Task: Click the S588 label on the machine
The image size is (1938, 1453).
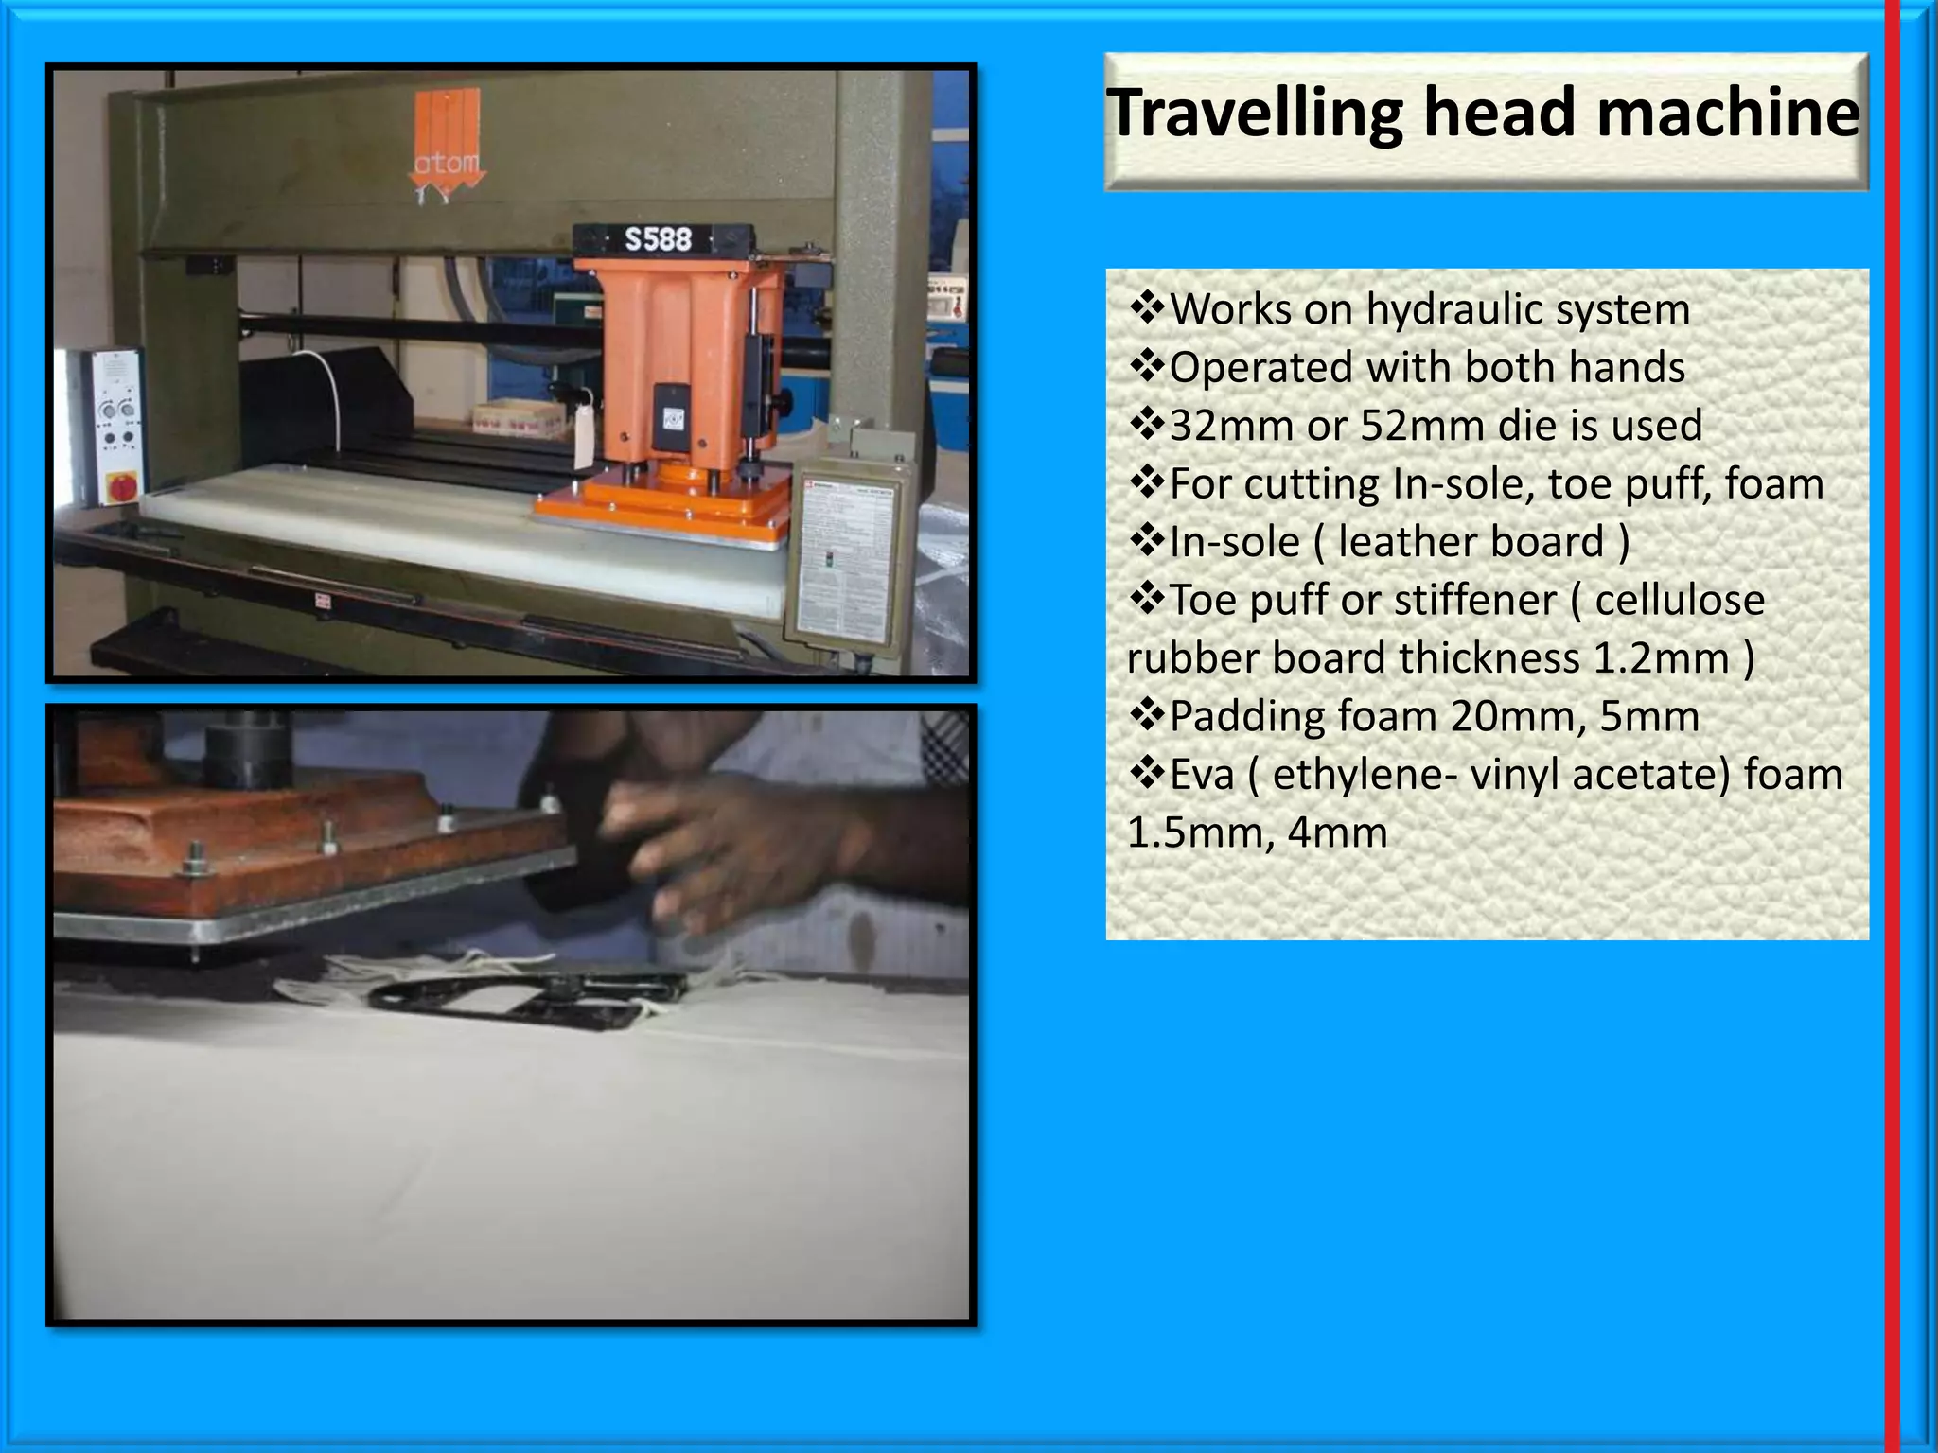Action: [659, 239]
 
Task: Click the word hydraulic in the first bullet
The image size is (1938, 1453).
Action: [1453, 310]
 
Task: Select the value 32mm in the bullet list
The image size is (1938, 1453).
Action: [1227, 426]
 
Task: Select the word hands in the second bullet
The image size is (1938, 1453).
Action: [1627, 368]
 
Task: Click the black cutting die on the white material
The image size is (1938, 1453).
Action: [530, 1000]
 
